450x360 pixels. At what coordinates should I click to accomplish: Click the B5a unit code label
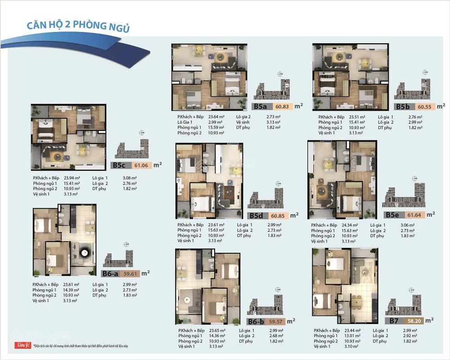261,107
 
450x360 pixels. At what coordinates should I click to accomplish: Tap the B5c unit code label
119,165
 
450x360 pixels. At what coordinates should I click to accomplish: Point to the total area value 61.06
141,165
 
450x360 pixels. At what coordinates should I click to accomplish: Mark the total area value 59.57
275,321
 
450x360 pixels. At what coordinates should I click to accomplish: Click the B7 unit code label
394,321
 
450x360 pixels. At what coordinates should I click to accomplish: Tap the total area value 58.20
414,321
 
